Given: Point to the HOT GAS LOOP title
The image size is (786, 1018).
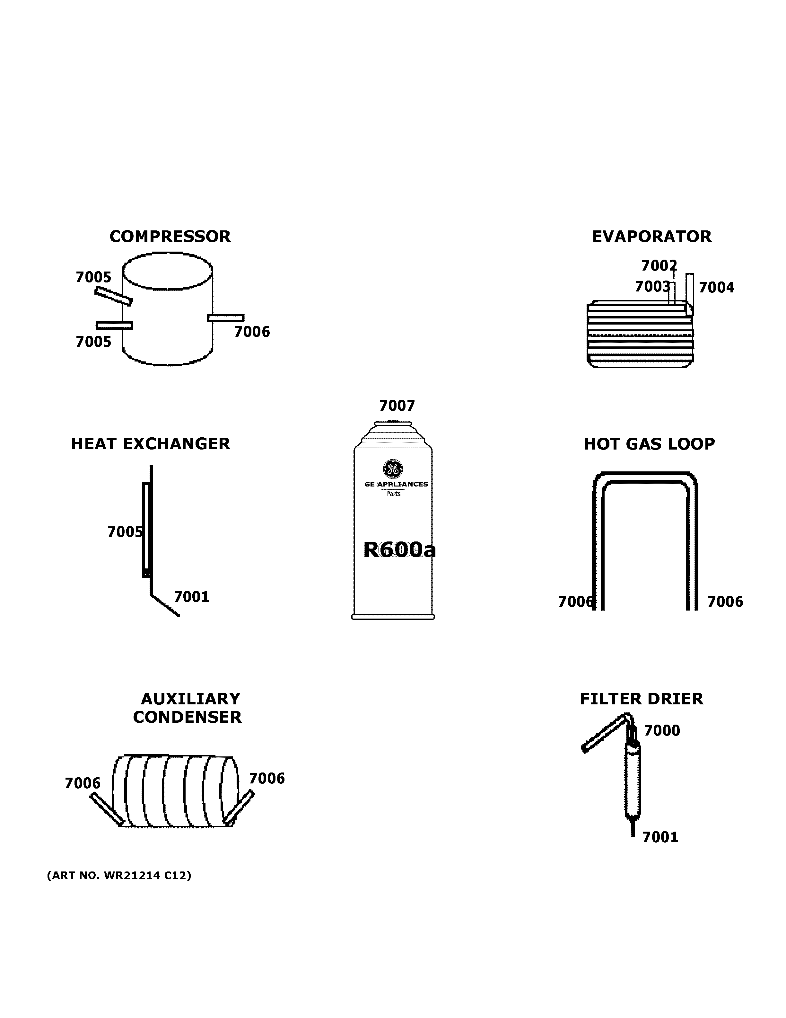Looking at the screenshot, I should [x=649, y=444].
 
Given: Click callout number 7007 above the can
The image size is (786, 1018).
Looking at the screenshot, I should [x=397, y=406].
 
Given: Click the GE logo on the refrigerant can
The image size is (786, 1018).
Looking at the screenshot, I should [x=393, y=469].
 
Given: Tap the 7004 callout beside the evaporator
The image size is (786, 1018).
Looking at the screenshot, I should [x=716, y=287].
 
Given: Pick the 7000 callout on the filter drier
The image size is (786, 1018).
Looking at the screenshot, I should [x=662, y=730].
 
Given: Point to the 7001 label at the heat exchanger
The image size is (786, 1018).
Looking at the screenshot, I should [x=191, y=597].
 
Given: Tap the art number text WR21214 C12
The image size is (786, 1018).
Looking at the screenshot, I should [x=119, y=875].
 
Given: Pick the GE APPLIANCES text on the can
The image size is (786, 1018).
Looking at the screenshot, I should [x=396, y=484].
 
